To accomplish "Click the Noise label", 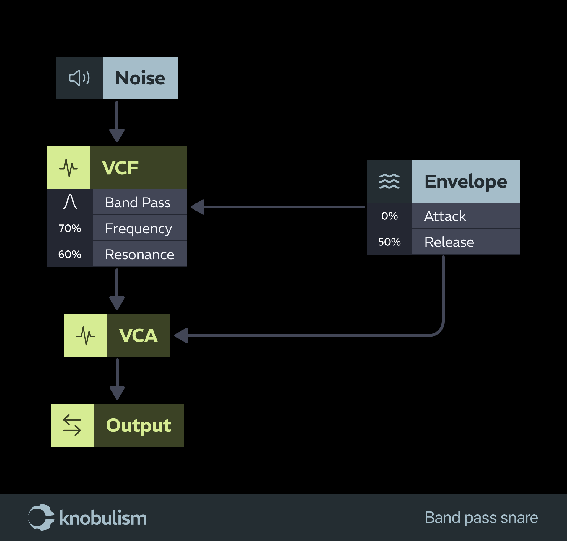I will (140, 78).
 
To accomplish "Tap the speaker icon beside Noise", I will (79, 78).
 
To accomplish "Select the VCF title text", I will (120, 168).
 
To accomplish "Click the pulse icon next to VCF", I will (69, 168).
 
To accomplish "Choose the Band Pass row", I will (138, 203).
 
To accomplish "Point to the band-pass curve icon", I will (70, 202).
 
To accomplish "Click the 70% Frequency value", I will (70, 228).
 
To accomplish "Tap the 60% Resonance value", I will (70, 254).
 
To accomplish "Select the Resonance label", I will (139, 255).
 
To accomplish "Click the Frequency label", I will (138, 229).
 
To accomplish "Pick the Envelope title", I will (466, 181).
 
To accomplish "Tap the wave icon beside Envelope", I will (389, 181).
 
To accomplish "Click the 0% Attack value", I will (389, 216).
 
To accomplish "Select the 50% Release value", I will (389, 242).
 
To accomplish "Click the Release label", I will (449, 242).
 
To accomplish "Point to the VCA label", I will (138, 335).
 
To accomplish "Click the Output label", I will (138, 425).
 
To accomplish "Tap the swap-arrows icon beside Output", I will (72, 425).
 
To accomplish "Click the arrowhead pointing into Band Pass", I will (198, 207).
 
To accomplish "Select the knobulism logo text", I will (103, 518).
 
